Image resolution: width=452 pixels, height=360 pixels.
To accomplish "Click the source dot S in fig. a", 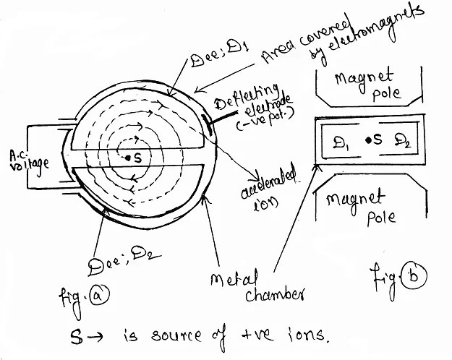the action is point(127,158).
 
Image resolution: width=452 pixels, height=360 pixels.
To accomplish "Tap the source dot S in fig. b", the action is point(368,140).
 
